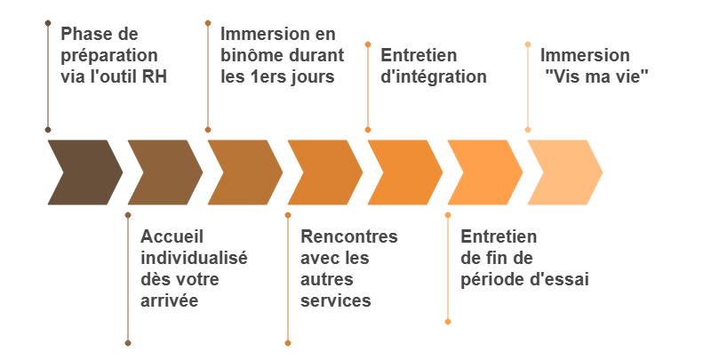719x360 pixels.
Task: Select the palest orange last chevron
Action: click(565, 172)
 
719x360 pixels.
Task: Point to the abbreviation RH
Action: click(155, 76)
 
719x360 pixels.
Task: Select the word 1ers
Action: click(269, 76)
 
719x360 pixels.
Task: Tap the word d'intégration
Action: click(434, 76)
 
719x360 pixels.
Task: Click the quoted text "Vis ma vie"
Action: click(597, 76)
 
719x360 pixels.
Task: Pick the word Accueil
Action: click(172, 236)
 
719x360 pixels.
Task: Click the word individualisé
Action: click(194, 258)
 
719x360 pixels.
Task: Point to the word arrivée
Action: click(170, 300)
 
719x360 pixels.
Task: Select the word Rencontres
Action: click(349, 236)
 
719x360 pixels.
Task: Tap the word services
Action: click(336, 300)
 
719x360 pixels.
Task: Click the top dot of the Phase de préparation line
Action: click(48, 23)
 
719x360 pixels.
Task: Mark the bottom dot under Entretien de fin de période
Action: click(448, 322)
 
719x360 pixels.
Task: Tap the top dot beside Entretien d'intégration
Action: click(368, 44)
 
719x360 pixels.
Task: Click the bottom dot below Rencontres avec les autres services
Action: click(288, 343)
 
